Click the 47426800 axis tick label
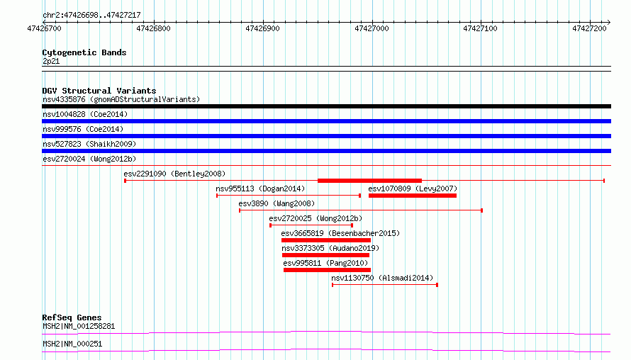click(153, 28)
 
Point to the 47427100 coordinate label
click(480, 28)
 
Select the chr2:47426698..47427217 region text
click(91, 16)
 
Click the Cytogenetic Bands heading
click(84, 52)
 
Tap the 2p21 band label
click(51, 61)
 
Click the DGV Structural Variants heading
click(99, 91)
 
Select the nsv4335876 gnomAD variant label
click(121, 99)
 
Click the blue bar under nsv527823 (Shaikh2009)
click(326, 151)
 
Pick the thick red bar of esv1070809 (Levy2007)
click(413, 196)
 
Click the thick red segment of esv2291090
click(370, 181)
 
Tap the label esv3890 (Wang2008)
click(277, 203)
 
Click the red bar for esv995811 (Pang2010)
click(327, 270)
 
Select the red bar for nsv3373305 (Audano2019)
click(326, 255)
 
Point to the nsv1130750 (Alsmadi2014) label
click(382, 278)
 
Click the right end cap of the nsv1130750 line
click(437, 285)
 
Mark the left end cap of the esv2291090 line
click(125, 181)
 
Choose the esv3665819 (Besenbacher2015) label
click(340, 233)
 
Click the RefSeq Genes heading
click(72, 317)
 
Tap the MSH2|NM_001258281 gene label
click(79, 326)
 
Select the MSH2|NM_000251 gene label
click(72, 344)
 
